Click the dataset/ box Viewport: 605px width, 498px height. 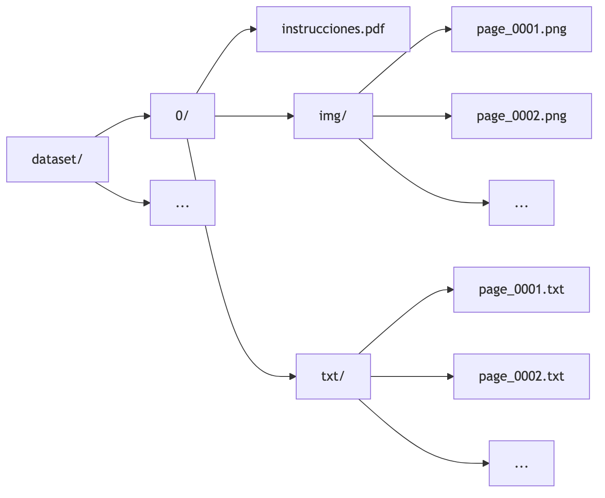coord(57,160)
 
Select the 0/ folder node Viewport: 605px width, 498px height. coord(182,116)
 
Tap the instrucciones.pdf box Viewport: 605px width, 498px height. coord(333,29)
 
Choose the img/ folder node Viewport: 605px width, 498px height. coord(333,116)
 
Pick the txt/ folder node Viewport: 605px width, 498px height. coord(333,376)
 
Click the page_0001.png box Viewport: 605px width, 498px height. coord(521,29)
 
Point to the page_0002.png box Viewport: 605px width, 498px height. coord(521,116)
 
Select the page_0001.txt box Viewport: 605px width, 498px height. coord(521,290)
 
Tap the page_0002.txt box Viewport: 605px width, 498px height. coord(521,376)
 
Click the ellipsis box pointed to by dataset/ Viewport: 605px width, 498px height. coord(182,203)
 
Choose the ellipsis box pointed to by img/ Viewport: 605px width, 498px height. coord(521,203)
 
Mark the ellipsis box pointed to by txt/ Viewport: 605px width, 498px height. coord(521,463)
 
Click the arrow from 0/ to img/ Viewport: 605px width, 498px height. coord(253,116)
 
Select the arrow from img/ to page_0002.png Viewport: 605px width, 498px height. coord(411,116)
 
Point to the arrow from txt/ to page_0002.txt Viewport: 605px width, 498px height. coord(411,376)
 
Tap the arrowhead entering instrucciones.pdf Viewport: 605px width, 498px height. coord(253,30)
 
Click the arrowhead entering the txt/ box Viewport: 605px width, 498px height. coord(292,376)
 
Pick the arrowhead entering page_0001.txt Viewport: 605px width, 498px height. coord(450,290)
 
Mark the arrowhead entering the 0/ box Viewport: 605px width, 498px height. coord(147,116)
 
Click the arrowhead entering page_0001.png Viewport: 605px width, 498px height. coord(448,30)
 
